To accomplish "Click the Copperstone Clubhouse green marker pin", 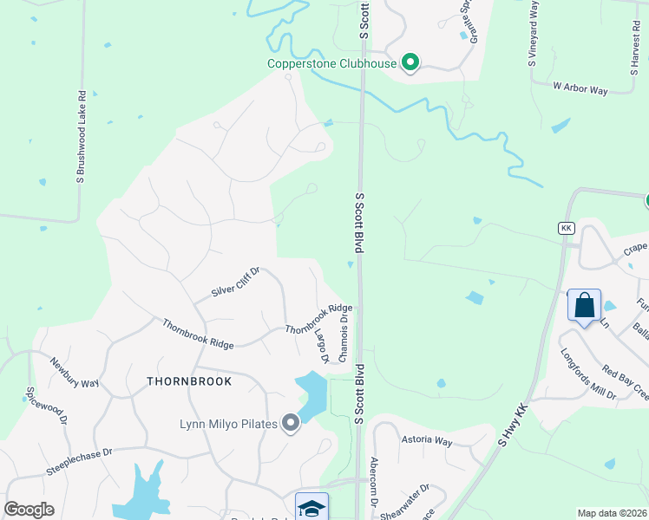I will coord(410,62).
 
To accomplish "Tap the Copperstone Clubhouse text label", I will coord(331,63).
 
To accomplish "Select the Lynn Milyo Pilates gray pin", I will coord(290,423).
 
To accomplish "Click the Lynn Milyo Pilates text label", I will coord(228,424).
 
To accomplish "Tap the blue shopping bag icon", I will coord(585,306).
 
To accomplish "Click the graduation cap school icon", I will coord(311,507).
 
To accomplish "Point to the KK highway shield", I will coord(567,227).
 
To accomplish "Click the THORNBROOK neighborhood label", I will coord(189,381).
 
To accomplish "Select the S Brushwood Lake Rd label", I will coord(81,138).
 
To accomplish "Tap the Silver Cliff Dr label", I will coord(235,283).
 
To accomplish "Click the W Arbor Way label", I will coord(580,88).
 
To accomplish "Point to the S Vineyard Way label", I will coord(533,34).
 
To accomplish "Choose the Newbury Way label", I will coord(75,374).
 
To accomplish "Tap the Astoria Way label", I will coord(427,440).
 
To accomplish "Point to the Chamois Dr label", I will coord(344,339).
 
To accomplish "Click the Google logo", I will coord(29,509).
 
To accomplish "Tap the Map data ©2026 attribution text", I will coord(612,513).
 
